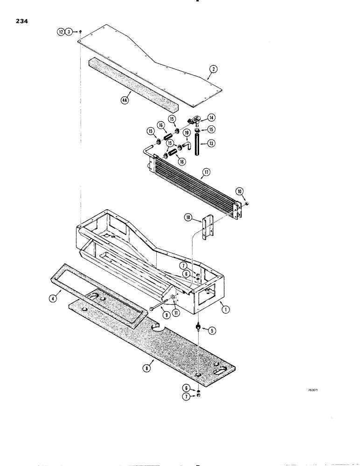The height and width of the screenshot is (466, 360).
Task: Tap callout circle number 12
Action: [61, 32]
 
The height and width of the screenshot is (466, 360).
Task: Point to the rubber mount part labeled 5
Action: [199, 328]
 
